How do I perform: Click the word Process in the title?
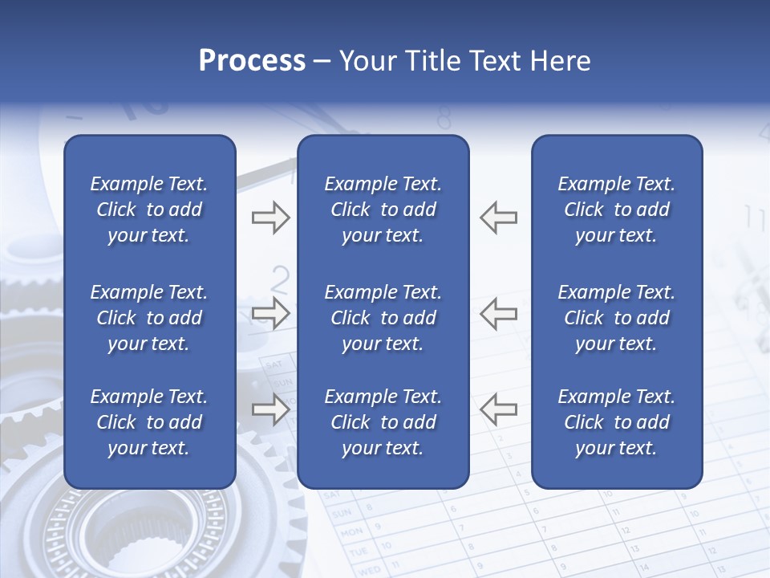pyautogui.click(x=252, y=61)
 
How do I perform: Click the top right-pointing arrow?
pyautogui.click(x=270, y=218)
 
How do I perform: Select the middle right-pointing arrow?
pyautogui.click(x=270, y=313)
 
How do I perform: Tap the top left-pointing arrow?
pyautogui.click(x=498, y=218)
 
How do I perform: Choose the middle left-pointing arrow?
pyautogui.click(x=498, y=313)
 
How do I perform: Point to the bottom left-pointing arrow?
pyautogui.click(x=498, y=409)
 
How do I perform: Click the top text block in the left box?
pyautogui.click(x=149, y=210)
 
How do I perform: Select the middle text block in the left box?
pyautogui.click(x=149, y=318)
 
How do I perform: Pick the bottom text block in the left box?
pyautogui.click(x=149, y=422)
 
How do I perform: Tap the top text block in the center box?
pyautogui.click(x=383, y=210)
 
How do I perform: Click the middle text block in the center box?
pyautogui.click(x=383, y=318)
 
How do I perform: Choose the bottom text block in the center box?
pyautogui.click(x=383, y=422)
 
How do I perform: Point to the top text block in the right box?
pyautogui.click(x=616, y=210)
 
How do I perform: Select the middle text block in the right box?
pyautogui.click(x=616, y=318)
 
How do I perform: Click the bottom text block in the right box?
pyautogui.click(x=616, y=422)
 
